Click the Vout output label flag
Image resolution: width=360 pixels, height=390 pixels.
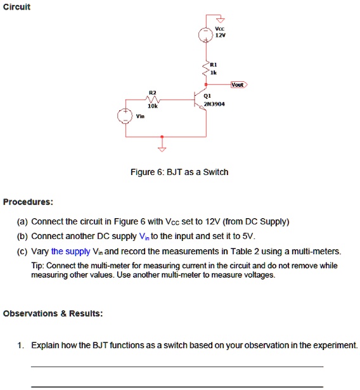tap(238, 84)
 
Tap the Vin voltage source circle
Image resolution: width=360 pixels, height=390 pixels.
tap(124, 116)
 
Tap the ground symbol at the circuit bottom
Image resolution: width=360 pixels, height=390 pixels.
tap(162, 149)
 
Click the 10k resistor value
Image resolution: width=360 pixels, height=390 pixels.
tap(151, 107)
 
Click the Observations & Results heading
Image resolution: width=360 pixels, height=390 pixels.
tap(53, 313)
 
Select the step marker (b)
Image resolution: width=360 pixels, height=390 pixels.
tap(23, 237)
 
